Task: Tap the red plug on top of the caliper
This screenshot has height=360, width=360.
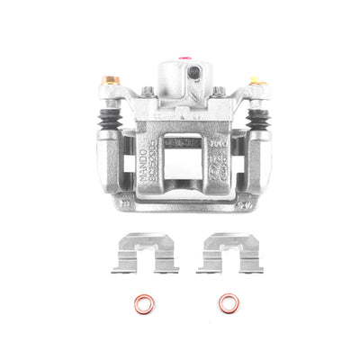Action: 187,59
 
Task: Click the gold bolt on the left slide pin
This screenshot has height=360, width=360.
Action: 112,81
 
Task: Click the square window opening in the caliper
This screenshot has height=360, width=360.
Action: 184,161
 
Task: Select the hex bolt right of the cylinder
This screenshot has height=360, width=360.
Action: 218,91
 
